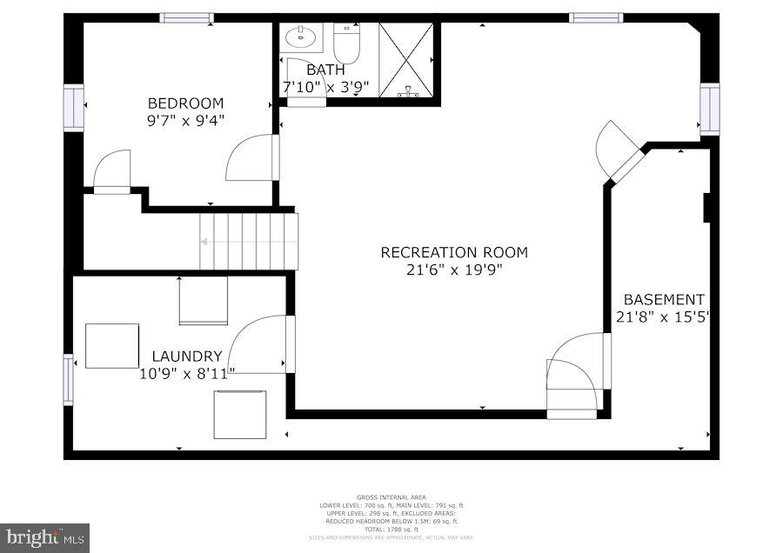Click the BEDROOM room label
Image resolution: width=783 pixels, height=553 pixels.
[x=185, y=103]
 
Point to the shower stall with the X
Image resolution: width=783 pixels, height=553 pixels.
[x=406, y=59]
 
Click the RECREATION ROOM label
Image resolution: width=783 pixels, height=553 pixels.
[x=454, y=252]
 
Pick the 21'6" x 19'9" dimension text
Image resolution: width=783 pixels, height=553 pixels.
[x=454, y=270]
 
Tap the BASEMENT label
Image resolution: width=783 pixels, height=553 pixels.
[x=664, y=299]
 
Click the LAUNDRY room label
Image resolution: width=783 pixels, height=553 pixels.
[x=187, y=356]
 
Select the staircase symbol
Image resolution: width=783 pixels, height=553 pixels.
[x=249, y=241]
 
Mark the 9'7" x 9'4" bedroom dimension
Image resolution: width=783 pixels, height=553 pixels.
[x=185, y=120]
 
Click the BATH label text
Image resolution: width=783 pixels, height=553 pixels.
[x=325, y=69]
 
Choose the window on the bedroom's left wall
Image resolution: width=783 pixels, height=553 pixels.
[x=74, y=107]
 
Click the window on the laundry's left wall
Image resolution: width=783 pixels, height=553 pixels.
[x=69, y=380]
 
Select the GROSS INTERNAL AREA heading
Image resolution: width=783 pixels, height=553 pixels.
[x=391, y=497]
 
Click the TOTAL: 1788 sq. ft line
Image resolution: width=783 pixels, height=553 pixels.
[x=391, y=529]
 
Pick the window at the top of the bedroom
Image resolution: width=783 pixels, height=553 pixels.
[x=186, y=17]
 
